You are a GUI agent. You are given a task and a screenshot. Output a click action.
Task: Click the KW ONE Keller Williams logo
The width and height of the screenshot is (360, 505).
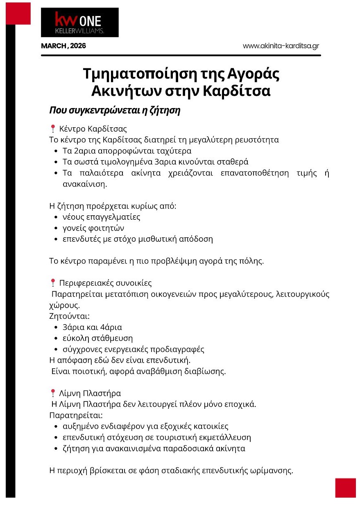pyautogui.click(x=79, y=23)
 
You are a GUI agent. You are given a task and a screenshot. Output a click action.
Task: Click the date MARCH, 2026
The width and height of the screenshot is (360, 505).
pyautogui.click(x=63, y=46)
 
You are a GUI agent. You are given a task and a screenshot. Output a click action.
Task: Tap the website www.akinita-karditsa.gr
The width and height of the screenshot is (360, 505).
pyautogui.click(x=281, y=46)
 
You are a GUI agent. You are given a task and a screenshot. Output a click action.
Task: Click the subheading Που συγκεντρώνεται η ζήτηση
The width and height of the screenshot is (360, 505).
pyautogui.click(x=115, y=110)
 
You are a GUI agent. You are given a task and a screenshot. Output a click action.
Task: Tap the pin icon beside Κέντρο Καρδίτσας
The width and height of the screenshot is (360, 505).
pyautogui.click(x=52, y=129)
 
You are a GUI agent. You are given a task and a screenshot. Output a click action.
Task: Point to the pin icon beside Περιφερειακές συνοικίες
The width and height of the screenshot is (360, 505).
pyautogui.click(x=52, y=283)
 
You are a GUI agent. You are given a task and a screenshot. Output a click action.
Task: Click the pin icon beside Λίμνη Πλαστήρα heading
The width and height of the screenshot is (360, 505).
pyautogui.click(x=52, y=393)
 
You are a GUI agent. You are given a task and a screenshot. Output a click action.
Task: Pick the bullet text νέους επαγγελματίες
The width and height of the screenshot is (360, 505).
pyautogui.click(x=102, y=217)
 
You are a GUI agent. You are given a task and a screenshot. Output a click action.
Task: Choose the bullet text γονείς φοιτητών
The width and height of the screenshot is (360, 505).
pyautogui.click(x=93, y=228)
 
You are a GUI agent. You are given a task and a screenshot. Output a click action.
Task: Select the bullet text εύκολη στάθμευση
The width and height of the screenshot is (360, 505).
pyautogui.click(x=97, y=338)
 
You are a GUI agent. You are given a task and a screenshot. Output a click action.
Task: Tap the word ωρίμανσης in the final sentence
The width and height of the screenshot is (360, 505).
pyautogui.click(x=273, y=470)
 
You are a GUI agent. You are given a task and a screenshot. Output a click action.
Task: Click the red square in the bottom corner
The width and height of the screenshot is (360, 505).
pyautogui.click(x=345, y=488)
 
